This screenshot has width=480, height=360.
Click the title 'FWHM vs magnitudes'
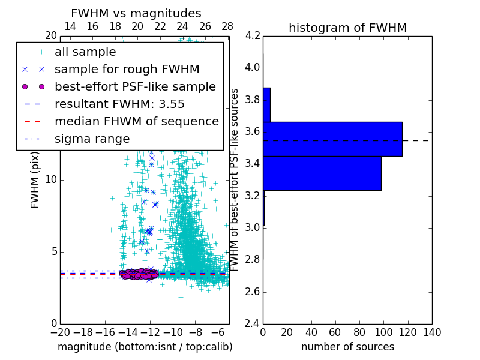[x=136, y=13]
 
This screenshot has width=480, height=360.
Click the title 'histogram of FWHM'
[x=347, y=28]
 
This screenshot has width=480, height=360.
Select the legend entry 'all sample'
[x=85, y=52]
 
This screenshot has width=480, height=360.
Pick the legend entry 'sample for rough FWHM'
[x=127, y=70]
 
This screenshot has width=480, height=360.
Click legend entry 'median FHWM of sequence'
[x=136, y=121]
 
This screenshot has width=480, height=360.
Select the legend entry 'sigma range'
[x=92, y=139]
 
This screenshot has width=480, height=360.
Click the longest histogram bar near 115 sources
[x=332, y=139]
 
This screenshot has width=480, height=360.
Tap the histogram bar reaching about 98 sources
[x=322, y=173]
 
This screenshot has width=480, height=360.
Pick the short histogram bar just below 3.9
[x=266, y=105]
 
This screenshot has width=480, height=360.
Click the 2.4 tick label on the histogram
[x=252, y=324]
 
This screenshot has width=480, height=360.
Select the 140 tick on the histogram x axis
[x=432, y=332]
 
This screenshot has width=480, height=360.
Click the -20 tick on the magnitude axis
[x=60, y=332]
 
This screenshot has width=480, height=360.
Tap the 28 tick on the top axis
[x=227, y=26]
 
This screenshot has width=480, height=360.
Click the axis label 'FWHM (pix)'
[x=35, y=180]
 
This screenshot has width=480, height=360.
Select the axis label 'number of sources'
[x=347, y=347]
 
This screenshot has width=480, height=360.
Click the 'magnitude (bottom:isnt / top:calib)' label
[x=145, y=347]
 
